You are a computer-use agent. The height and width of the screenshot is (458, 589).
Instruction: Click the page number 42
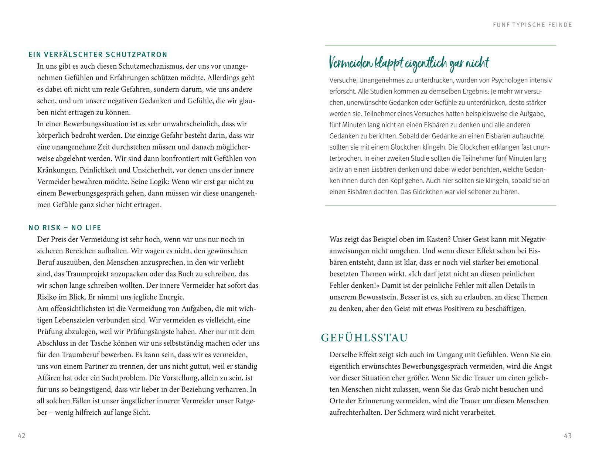coord(21,436)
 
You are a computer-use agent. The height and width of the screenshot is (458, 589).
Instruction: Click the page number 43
coord(568,436)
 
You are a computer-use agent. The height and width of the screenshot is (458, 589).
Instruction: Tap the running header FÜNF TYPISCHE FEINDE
coord(532,25)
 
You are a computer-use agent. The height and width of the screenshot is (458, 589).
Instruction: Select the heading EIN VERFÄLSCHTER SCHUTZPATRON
coord(98,55)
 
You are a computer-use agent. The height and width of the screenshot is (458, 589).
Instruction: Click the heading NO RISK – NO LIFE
coord(65,228)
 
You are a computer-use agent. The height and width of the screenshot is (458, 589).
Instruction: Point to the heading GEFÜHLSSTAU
coord(365,338)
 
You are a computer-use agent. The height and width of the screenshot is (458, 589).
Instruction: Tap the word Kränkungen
coord(55,170)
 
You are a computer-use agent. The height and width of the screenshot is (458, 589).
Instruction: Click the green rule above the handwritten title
coord(440,46)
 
